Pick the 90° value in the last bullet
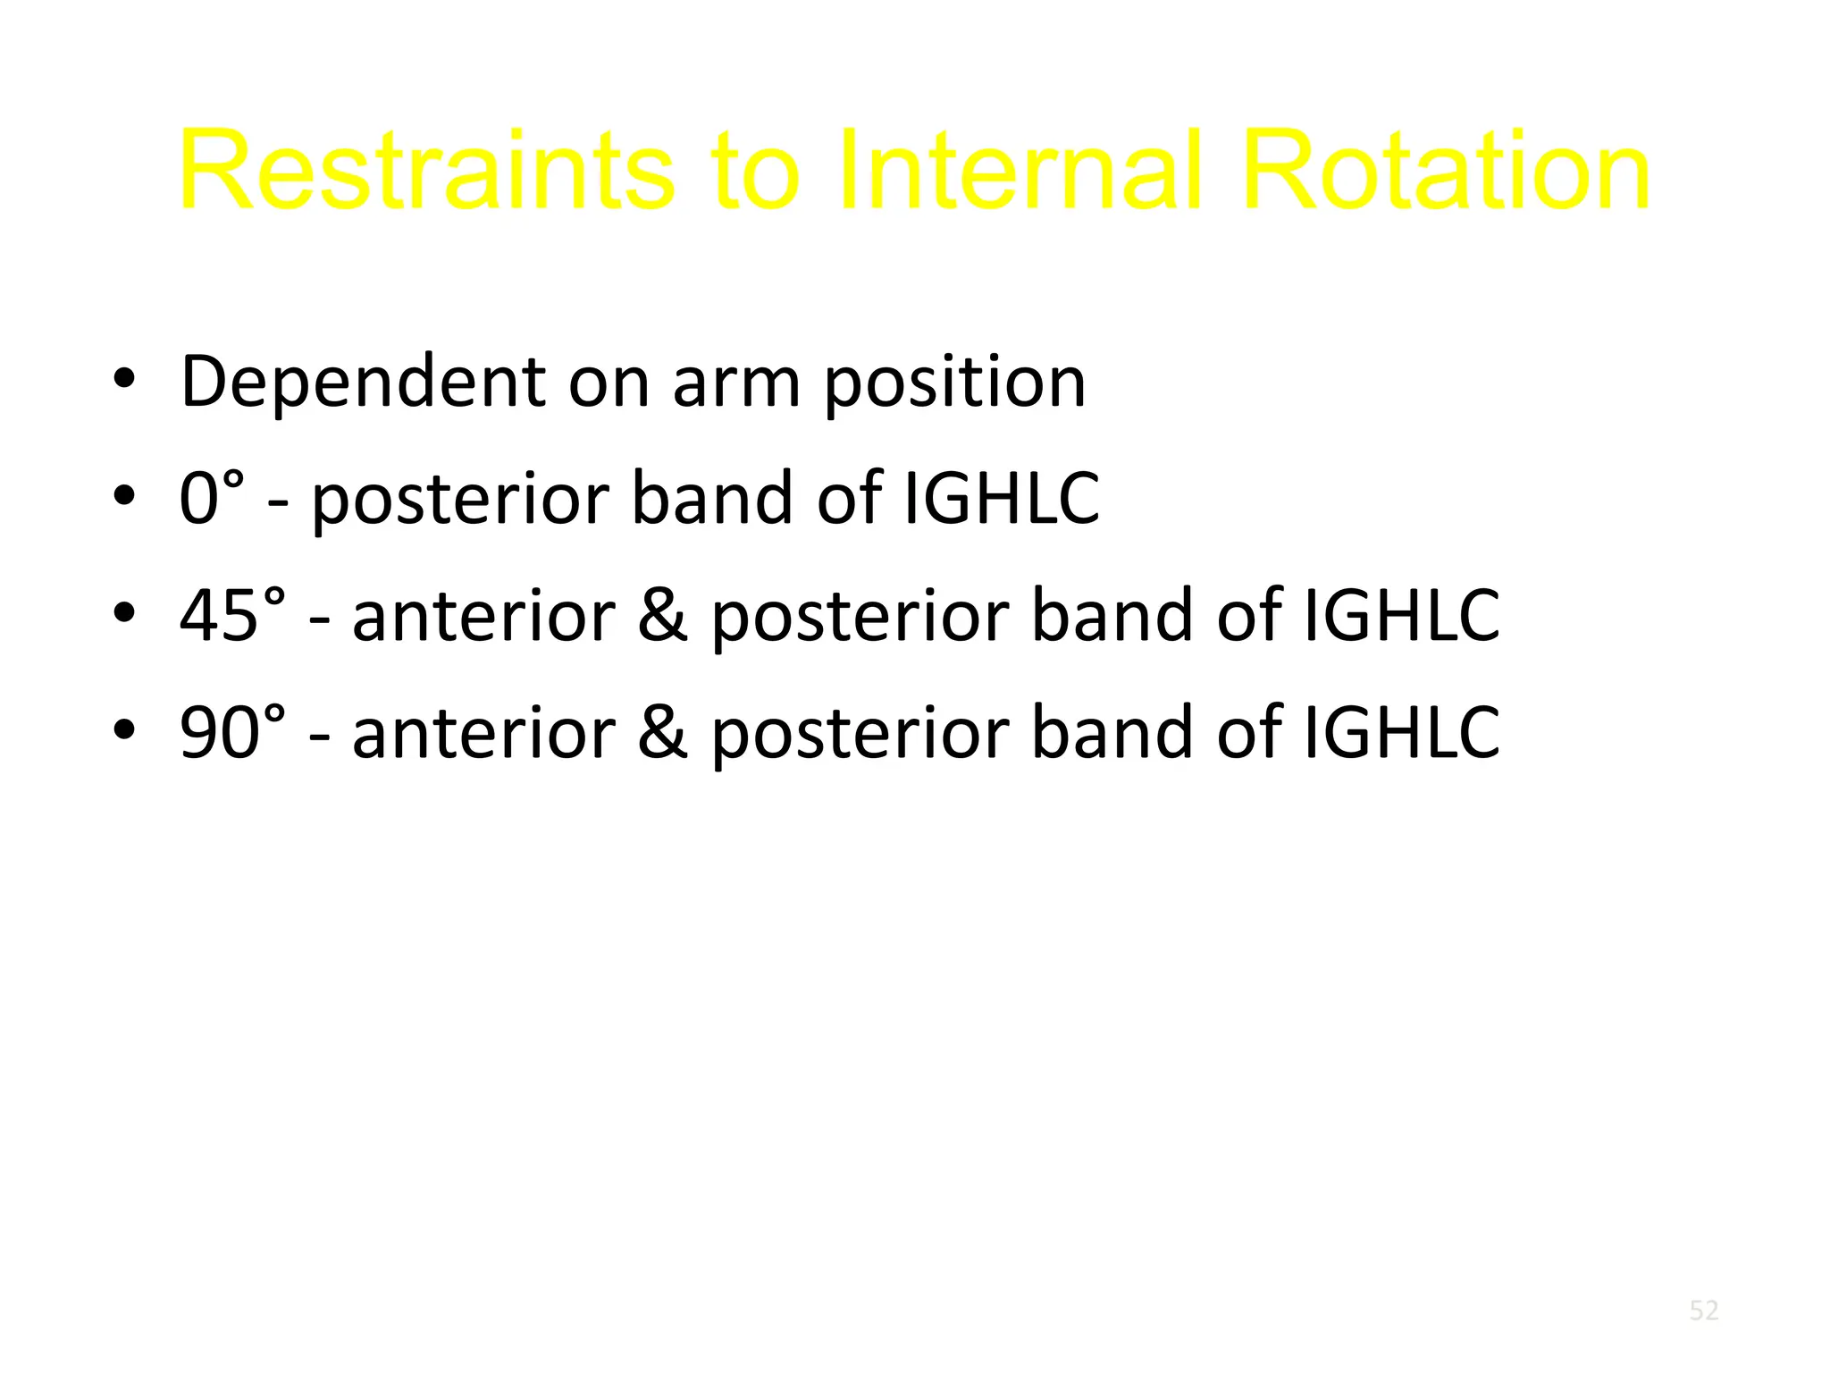(233, 732)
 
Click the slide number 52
(1704, 1310)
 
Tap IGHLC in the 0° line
(1002, 498)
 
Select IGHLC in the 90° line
(1401, 732)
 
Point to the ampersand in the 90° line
(663, 732)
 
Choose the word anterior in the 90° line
(483, 732)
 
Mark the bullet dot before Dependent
(124, 381)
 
